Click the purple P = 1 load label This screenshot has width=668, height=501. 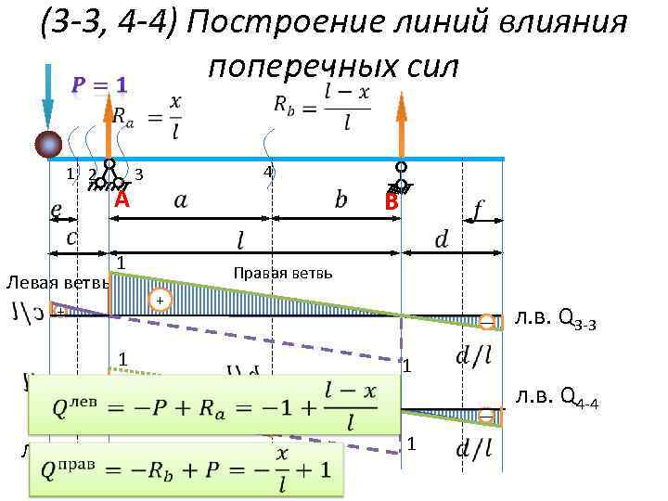[99, 85]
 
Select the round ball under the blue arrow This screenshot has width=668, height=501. [48, 145]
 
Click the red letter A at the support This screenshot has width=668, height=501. [121, 200]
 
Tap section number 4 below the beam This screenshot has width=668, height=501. [267, 173]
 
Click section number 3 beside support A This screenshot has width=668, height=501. [138, 173]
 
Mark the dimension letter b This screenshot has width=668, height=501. [340, 200]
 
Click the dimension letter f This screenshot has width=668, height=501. [477, 212]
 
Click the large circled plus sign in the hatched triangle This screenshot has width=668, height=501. [160, 302]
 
